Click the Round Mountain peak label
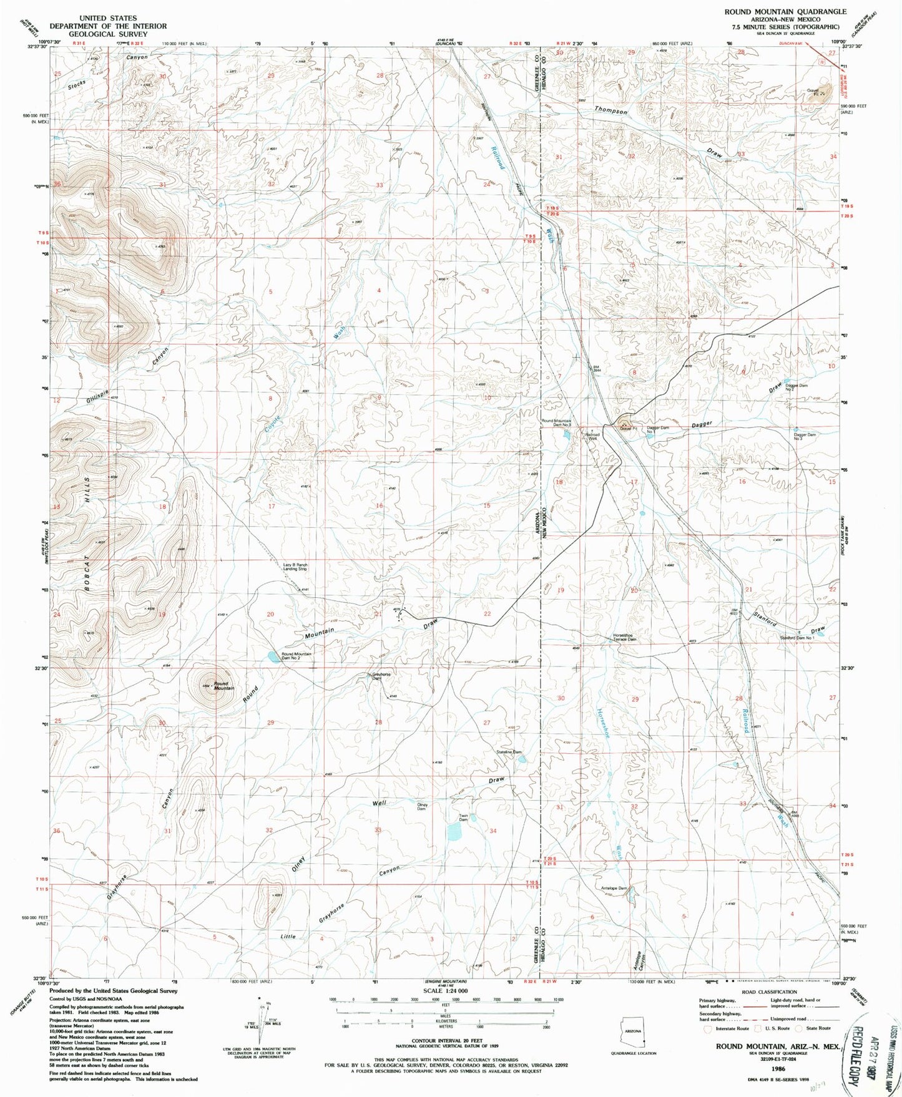click(x=223, y=686)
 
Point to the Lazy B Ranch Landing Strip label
click(x=295, y=567)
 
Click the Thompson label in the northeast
click(x=610, y=110)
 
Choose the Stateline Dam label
click(x=508, y=752)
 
